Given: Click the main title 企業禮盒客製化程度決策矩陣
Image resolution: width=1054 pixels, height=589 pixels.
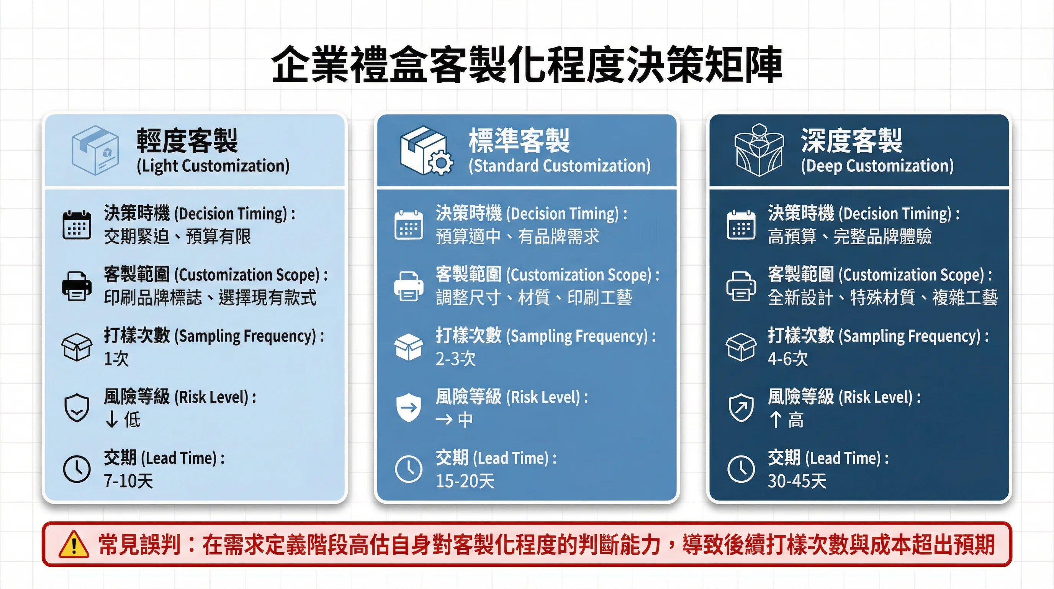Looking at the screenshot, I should (527, 65).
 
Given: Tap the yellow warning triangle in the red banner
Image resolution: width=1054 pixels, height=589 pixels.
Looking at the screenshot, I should (74, 545).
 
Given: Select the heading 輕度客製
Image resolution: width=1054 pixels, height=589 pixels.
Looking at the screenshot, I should (187, 140).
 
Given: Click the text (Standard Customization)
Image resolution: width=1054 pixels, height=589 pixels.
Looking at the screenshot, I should (559, 166).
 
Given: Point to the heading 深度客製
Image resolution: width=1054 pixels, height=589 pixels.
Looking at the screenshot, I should (851, 140).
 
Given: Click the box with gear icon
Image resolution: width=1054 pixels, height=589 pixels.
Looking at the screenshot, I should (426, 150).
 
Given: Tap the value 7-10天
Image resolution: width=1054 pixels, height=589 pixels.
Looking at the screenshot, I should (128, 481).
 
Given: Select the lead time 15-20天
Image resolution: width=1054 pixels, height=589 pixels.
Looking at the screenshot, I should (465, 481).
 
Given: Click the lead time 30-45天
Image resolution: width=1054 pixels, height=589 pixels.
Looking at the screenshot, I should (797, 481).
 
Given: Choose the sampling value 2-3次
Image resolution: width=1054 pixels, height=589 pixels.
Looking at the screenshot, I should (456, 359).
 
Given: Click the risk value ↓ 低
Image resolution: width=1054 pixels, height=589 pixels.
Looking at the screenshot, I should (123, 420).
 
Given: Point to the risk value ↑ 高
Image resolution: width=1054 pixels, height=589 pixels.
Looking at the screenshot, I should (786, 420).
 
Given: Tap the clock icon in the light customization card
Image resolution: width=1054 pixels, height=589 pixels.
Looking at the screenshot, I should (77, 469).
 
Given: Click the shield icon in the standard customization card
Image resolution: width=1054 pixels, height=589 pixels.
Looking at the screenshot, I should (408, 408).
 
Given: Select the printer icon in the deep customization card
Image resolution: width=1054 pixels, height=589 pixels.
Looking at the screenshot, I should (741, 286).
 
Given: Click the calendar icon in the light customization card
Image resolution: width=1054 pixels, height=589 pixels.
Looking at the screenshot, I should (77, 225).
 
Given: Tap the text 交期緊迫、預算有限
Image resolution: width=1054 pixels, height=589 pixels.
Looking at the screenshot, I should (177, 237).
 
